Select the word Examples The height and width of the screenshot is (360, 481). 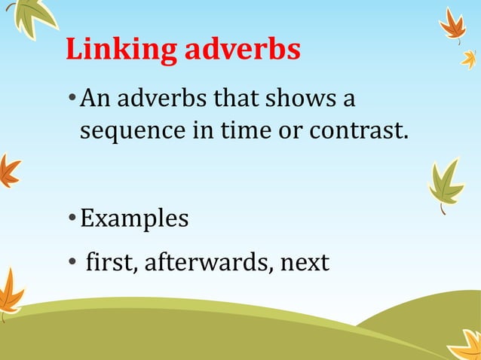[x=134, y=219]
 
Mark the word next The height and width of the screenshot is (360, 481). [x=305, y=263]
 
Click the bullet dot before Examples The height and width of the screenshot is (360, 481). [x=71, y=219]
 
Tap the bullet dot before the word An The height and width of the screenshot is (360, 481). [x=71, y=99]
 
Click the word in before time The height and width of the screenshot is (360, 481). [x=204, y=131]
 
